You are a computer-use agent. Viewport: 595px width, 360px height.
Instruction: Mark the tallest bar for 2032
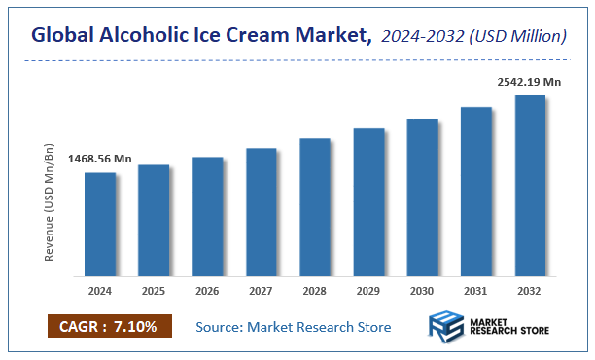[x=529, y=185]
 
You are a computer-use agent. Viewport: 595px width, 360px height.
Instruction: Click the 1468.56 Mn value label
[x=99, y=159]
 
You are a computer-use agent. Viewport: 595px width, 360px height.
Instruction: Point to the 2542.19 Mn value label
[x=529, y=82]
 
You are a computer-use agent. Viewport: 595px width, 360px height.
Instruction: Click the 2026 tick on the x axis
[x=207, y=291]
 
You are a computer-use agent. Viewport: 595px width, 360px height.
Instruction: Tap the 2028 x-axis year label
[x=315, y=291]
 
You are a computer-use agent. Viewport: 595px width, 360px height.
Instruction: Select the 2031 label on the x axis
[x=475, y=291]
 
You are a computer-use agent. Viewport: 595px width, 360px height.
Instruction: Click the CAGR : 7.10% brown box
[x=109, y=326]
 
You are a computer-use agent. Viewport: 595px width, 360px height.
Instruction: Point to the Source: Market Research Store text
[x=294, y=327]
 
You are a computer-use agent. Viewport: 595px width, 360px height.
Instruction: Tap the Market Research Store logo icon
[x=448, y=328]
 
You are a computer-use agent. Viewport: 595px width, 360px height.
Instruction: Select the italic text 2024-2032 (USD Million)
[x=473, y=36]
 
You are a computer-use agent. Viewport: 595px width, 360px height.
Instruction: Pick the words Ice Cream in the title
[x=254, y=36]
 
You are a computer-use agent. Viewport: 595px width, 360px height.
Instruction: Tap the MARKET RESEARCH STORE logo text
[x=507, y=328]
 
